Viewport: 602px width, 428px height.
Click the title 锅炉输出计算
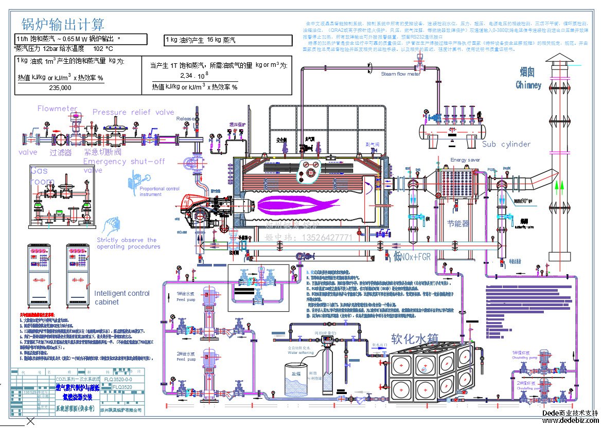click(63, 24)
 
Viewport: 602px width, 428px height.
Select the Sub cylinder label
click(506, 144)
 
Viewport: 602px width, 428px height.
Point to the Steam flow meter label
click(400, 74)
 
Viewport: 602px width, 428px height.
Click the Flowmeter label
click(57, 109)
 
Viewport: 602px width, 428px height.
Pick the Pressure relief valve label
click(133, 112)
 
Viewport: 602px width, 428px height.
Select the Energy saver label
click(465, 160)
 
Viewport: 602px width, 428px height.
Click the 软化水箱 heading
click(414, 340)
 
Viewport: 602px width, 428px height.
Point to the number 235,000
click(60, 88)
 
